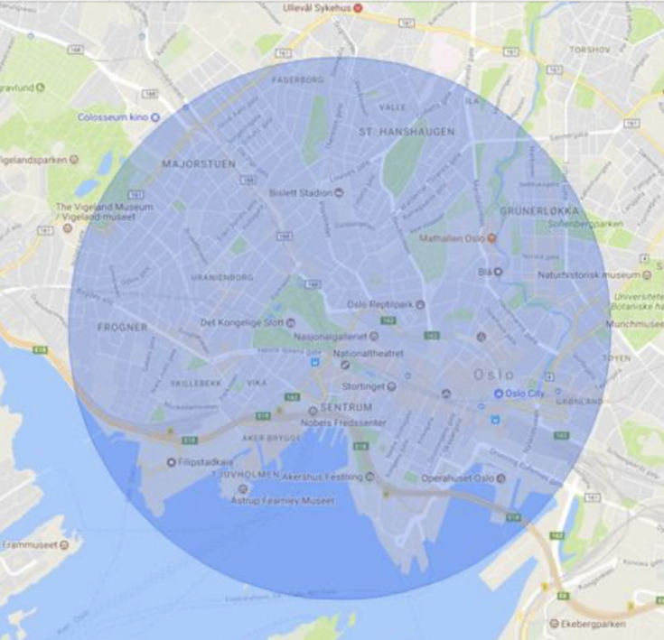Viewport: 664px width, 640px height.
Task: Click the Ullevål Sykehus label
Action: (x=316, y=8)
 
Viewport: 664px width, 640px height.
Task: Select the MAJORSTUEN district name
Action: (x=198, y=164)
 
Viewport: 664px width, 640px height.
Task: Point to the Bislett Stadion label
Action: (x=300, y=193)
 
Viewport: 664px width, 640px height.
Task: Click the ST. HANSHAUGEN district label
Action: (x=407, y=132)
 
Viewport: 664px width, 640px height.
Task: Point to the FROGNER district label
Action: (x=121, y=328)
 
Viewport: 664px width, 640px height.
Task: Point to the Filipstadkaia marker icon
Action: (x=172, y=462)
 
